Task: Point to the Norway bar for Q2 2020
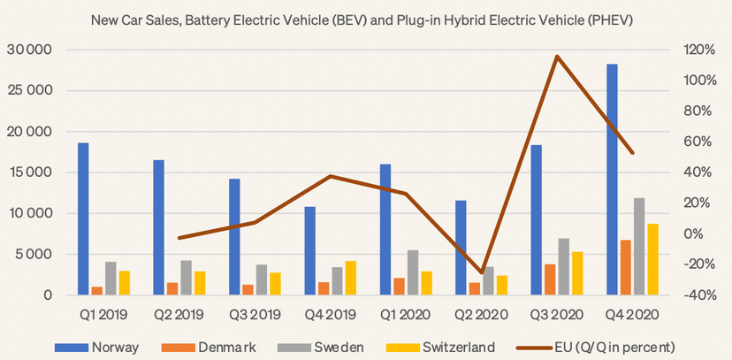(461, 248)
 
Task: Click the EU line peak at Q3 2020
(557, 57)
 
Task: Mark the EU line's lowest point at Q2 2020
(482, 272)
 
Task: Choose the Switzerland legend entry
(428, 346)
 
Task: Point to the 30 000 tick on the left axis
(28, 50)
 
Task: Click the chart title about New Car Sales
(366, 19)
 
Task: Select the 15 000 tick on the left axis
(28, 172)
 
